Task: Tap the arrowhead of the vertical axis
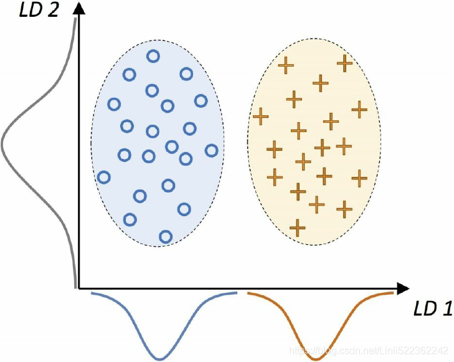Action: [x=79, y=7]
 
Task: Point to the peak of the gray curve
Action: [x=2, y=144]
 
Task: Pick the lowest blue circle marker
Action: [x=165, y=236]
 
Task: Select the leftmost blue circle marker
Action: [x=104, y=178]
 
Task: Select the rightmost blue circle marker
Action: [x=211, y=150]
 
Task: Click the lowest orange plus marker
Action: [x=298, y=227]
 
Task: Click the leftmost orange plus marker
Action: [x=260, y=116]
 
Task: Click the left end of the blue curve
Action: [x=92, y=292]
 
